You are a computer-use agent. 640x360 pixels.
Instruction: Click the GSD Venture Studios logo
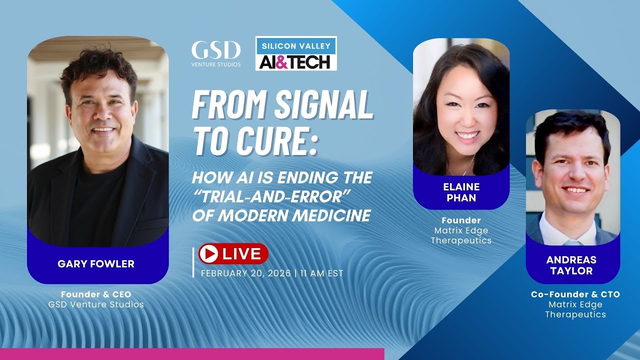(215, 53)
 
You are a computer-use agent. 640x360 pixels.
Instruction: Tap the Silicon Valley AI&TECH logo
(296, 53)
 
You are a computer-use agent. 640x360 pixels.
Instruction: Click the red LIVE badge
(233, 254)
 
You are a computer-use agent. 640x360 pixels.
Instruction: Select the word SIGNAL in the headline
(321, 105)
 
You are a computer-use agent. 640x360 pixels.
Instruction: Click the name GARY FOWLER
(96, 264)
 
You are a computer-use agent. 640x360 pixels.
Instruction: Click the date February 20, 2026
(245, 273)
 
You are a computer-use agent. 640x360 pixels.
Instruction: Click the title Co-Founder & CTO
(575, 294)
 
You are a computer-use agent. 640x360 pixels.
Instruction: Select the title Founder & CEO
(96, 294)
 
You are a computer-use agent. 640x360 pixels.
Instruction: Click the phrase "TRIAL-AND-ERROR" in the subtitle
(270, 196)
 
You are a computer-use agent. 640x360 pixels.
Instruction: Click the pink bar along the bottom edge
(192, 354)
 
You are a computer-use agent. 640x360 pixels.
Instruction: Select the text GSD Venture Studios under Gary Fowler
(96, 304)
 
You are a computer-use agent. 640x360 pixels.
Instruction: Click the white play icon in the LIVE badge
(208, 254)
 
